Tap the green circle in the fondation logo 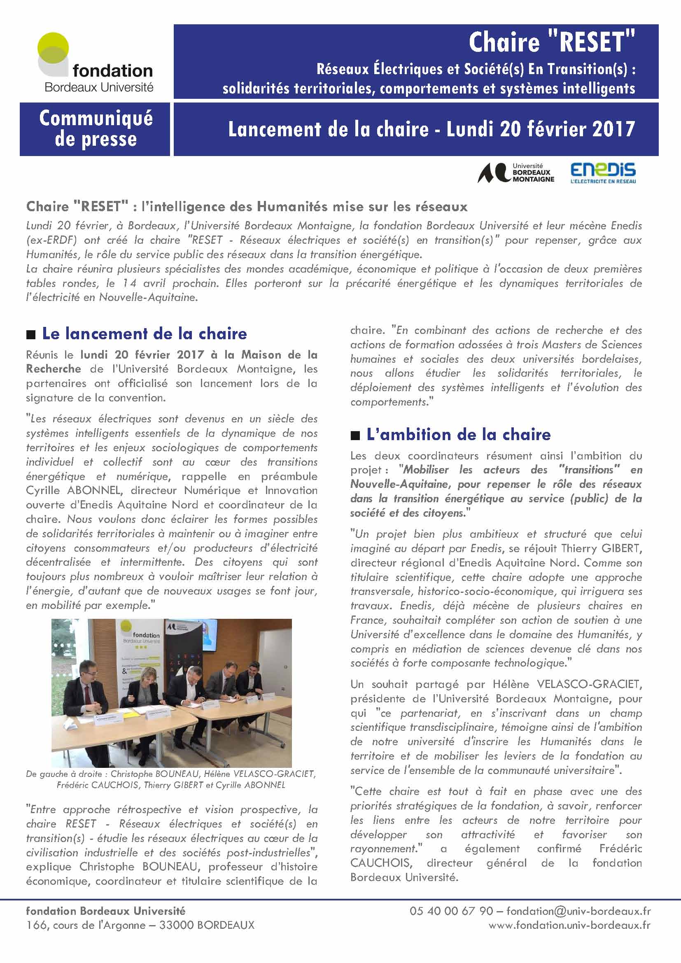pos(53,47)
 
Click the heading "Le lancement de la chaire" pos(144,333)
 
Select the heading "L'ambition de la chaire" pos(458,434)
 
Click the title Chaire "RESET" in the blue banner pos(551,43)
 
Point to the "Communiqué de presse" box pos(95,129)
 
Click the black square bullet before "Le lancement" pos(30,335)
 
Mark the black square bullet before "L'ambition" pos(355,436)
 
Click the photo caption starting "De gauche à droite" pos(171,779)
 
